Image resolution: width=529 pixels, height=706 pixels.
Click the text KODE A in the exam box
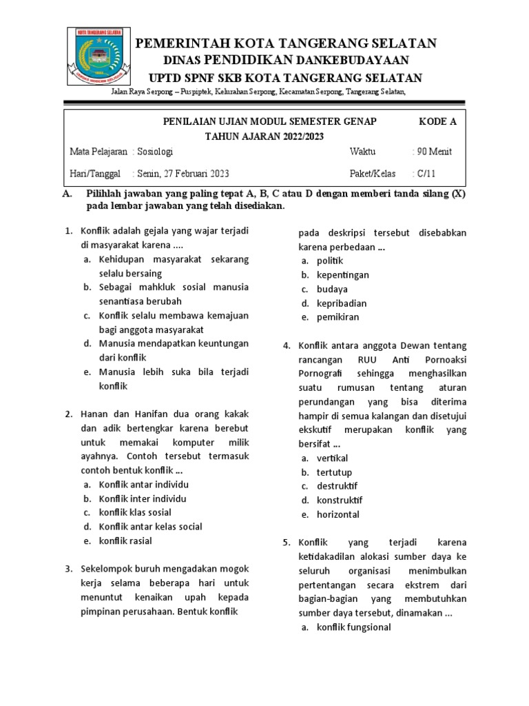[x=437, y=122]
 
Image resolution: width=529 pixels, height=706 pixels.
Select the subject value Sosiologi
[x=154, y=152]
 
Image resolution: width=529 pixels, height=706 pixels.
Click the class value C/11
[x=424, y=173]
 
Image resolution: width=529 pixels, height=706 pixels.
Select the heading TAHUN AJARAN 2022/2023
[x=264, y=136]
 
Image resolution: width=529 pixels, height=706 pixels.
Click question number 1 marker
[x=69, y=231]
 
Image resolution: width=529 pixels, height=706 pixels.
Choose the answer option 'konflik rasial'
[x=125, y=541]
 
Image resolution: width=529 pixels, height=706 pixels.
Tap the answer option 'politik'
[x=330, y=261]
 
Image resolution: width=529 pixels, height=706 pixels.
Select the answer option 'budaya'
[x=332, y=289]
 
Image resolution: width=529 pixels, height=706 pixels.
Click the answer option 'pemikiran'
[x=338, y=317]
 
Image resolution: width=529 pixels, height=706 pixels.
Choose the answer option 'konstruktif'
[x=340, y=500]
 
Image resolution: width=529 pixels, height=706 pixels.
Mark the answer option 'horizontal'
[x=338, y=514]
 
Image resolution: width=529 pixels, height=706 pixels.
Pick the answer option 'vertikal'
[x=332, y=458]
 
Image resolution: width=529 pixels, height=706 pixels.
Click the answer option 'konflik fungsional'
[x=353, y=627]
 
